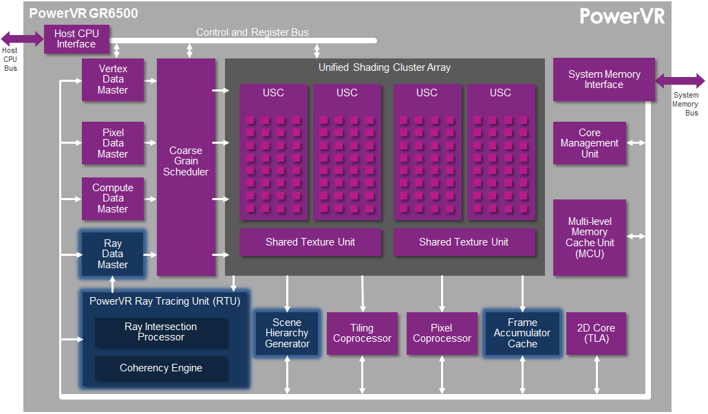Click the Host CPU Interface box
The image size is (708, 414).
click(x=76, y=39)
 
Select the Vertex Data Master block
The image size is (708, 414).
click(x=113, y=80)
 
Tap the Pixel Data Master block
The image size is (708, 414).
click(x=113, y=143)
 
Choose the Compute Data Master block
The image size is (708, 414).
click(x=113, y=198)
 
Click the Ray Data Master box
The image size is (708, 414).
click(x=113, y=254)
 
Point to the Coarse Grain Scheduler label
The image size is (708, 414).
click(x=186, y=161)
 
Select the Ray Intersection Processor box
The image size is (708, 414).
click(x=160, y=332)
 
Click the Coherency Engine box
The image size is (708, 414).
click(x=160, y=368)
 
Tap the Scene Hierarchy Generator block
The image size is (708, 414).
click(x=287, y=334)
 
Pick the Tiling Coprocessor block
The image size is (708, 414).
click(x=362, y=334)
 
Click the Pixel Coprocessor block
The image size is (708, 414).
click(x=442, y=334)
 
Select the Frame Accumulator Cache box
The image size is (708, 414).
click(x=522, y=334)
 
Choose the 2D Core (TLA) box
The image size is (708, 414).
click(x=596, y=334)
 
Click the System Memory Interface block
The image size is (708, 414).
click(x=603, y=80)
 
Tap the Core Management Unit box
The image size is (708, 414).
click(x=589, y=143)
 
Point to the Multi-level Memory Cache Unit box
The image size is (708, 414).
click(x=589, y=237)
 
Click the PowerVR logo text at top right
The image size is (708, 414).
click(x=622, y=17)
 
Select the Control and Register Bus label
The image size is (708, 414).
click(x=252, y=32)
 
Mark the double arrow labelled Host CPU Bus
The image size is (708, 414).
click(x=22, y=39)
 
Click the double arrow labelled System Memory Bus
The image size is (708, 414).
click(x=680, y=81)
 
